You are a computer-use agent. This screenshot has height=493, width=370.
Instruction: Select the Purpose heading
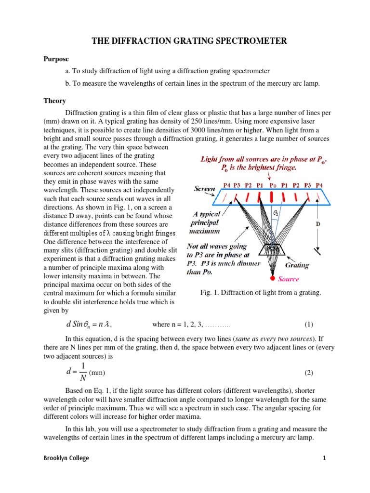(56, 59)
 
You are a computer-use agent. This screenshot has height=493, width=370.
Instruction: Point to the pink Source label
(289, 279)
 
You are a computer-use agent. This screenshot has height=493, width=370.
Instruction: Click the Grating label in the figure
(297, 265)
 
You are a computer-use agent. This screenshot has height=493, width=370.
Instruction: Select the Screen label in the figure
(204, 189)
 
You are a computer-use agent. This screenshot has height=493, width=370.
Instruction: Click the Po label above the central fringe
(273, 184)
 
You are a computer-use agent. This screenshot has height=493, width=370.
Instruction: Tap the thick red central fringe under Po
(273, 196)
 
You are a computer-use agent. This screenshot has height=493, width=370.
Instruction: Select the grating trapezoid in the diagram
(272, 250)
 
